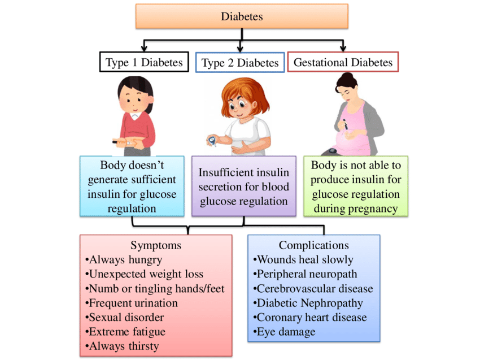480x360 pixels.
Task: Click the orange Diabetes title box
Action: [241, 17]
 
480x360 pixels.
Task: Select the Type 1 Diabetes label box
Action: [144, 62]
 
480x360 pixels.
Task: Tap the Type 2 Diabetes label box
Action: [241, 63]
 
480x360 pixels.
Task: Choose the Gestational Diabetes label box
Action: [343, 62]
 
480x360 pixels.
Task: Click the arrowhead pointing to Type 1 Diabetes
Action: [144, 49]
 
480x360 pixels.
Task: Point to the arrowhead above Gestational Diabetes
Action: [343, 49]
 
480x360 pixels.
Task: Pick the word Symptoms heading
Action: [156, 245]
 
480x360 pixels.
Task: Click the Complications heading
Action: [313, 245]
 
